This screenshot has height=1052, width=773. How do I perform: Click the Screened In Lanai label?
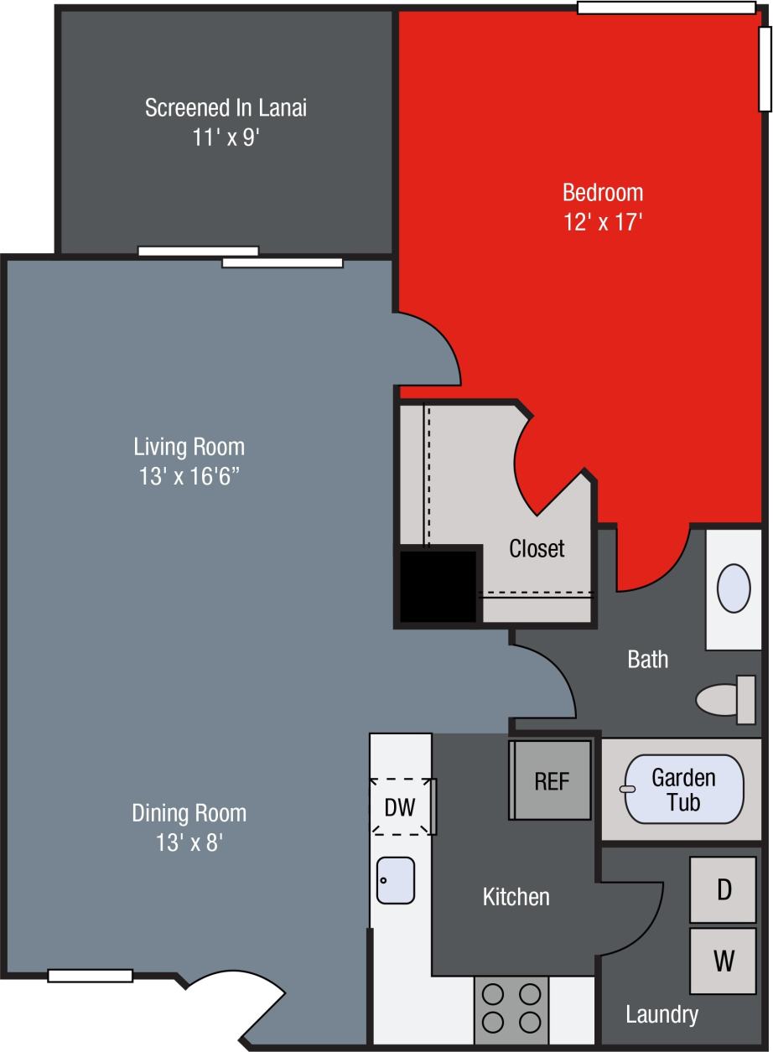226,108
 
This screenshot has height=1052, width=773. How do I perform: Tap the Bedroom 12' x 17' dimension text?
603,222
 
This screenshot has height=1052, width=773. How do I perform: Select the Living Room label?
189,445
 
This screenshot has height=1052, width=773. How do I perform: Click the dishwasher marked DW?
401,807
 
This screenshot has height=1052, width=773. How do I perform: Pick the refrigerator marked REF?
552,780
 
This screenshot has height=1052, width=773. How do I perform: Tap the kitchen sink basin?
396,880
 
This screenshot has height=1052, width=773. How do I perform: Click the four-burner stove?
511,1008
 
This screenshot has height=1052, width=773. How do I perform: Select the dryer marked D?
724,889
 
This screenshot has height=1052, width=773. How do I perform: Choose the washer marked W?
724,961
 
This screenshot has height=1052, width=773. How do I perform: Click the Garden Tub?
683,790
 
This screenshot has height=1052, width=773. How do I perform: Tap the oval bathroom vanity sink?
734,588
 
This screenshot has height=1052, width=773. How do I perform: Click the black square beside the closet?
437,586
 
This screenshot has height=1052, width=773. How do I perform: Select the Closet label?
537,548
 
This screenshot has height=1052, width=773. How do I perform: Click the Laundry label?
661,1015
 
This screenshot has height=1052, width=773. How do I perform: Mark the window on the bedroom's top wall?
666,8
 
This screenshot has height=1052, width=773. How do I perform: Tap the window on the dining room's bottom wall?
91,976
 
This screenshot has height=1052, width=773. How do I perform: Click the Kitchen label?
516,897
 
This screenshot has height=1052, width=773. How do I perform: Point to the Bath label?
648,660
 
